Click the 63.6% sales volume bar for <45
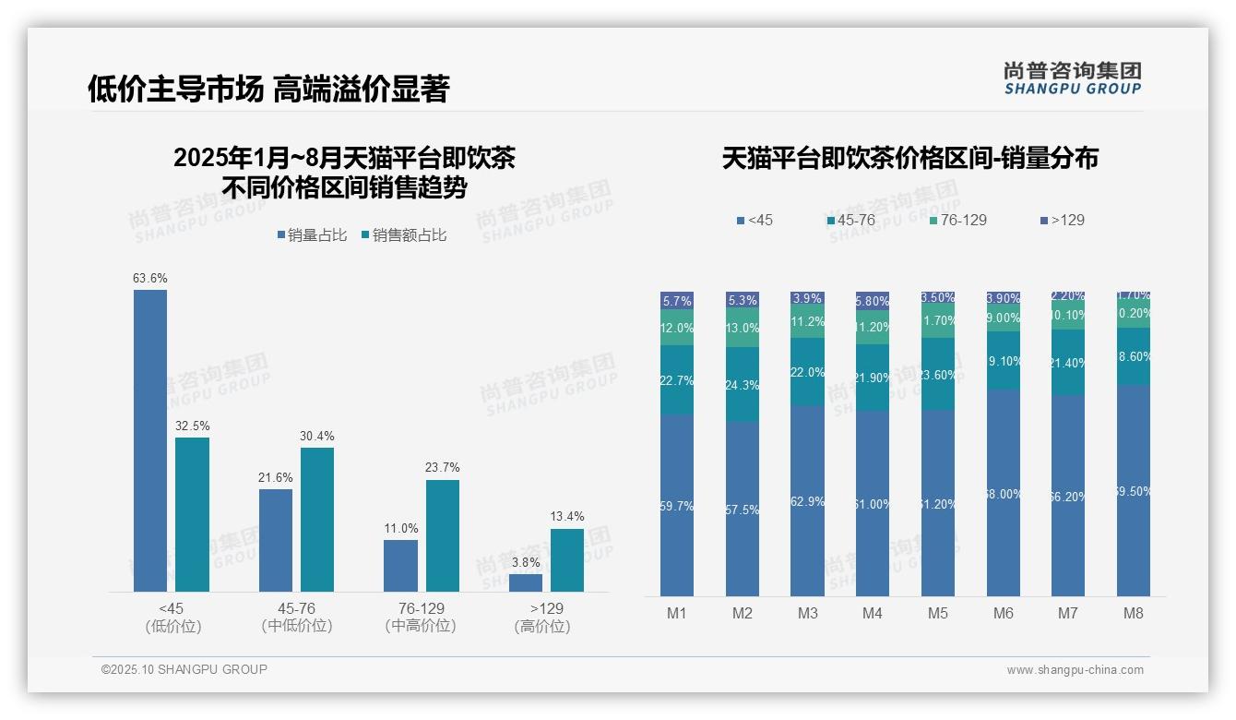pyautogui.click(x=150, y=440)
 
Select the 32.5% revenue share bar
pyautogui.click(x=193, y=514)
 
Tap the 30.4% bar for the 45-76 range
pyautogui.click(x=317, y=520)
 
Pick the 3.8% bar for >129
pyautogui.click(x=526, y=582)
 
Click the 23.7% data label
pyautogui.click(x=443, y=468)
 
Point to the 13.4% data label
pyautogui.click(x=567, y=517)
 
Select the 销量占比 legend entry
pyautogui.click(x=312, y=235)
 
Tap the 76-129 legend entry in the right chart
pyautogui.click(x=958, y=221)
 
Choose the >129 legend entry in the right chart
pyautogui.click(x=1063, y=221)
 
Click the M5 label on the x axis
pyautogui.click(x=938, y=614)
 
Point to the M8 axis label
pyautogui.click(x=1134, y=614)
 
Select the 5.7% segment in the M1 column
pyautogui.click(x=677, y=301)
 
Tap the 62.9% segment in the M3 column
pyautogui.click(x=808, y=501)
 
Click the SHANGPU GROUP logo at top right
pyautogui.click(x=1073, y=78)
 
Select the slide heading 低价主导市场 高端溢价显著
pyautogui.click(x=268, y=90)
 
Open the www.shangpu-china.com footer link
pyautogui.click(x=1075, y=670)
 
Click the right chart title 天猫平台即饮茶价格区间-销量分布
pyautogui.click(x=909, y=159)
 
